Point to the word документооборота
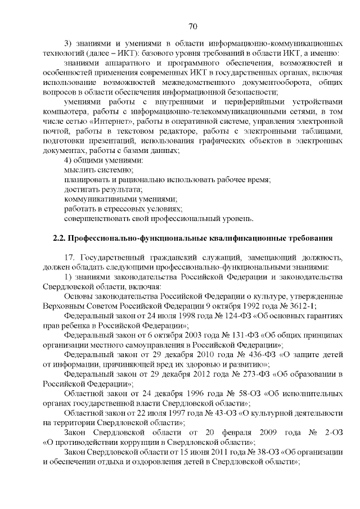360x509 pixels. pyautogui.click(x=250, y=82)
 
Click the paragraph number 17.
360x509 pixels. pyautogui.click(x=70, y=257)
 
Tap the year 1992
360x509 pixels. pyautogui.click(x=254, y=305)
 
